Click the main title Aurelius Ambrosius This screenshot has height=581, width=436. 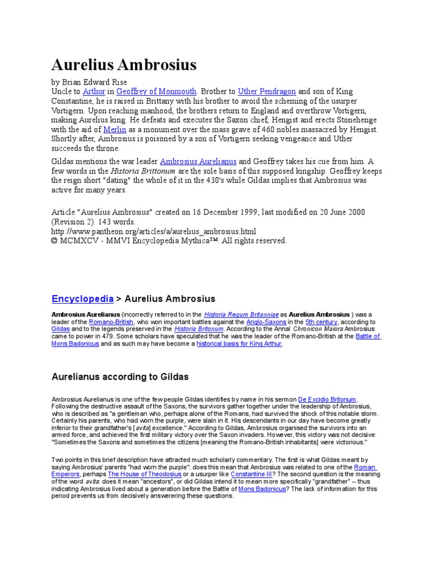click(x=124, y=65)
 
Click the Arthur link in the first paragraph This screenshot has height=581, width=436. click(x=94, y=91)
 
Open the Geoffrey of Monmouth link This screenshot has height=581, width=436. click(x=157, y=91)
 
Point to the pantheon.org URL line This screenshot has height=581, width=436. click(x=154, y=231)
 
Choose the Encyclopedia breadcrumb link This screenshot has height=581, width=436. click(x=82, y=298)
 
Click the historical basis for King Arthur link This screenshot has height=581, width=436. click(x=239, y=344)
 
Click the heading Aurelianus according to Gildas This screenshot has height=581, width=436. click(x=120, y=376)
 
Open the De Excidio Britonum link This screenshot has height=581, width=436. click(x=330, y=399)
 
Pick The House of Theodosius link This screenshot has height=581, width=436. click(x=143, y=474)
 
